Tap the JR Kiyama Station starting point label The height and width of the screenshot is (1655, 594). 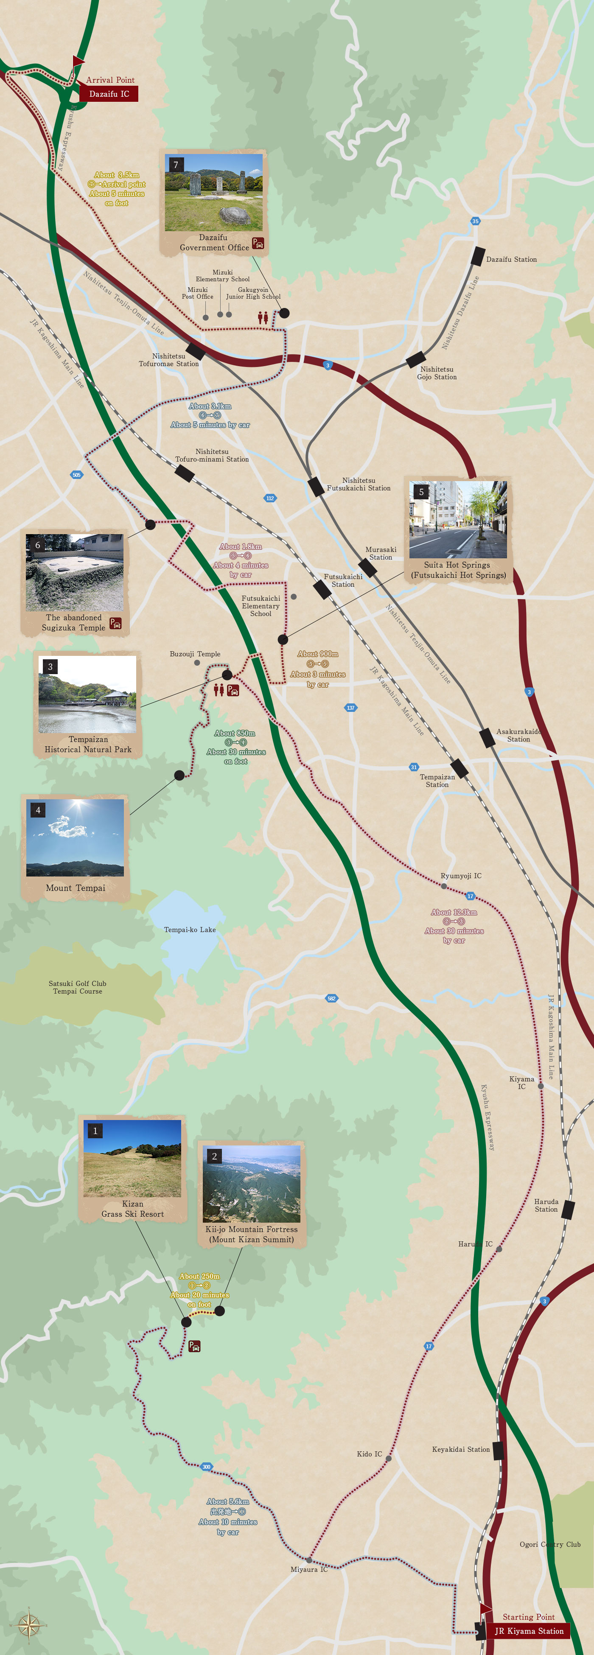click(x=528, y=1630)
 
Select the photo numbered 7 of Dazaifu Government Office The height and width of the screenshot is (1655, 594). click(x=213, y=192)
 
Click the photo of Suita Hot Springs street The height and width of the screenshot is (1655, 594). click(x=458, y=519)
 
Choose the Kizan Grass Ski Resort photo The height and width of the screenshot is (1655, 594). click(x=132, y=1158)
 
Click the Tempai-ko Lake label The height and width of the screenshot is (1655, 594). click(x=190, y=930)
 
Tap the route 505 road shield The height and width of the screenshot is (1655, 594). click(x=76, y=475)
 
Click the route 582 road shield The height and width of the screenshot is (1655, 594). click(x=331, y=998)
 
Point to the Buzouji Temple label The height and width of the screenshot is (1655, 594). click(x=195, y=654)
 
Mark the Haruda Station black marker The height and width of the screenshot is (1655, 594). click(x=567, y=1210)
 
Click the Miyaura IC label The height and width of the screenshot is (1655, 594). click(x=308, y=1569)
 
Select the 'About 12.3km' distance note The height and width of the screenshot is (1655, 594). click(x=454, y=912)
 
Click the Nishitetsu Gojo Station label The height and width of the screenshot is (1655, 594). click(x=437, y=373)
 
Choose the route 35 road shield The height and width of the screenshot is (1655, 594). click(x=475, y=221)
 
